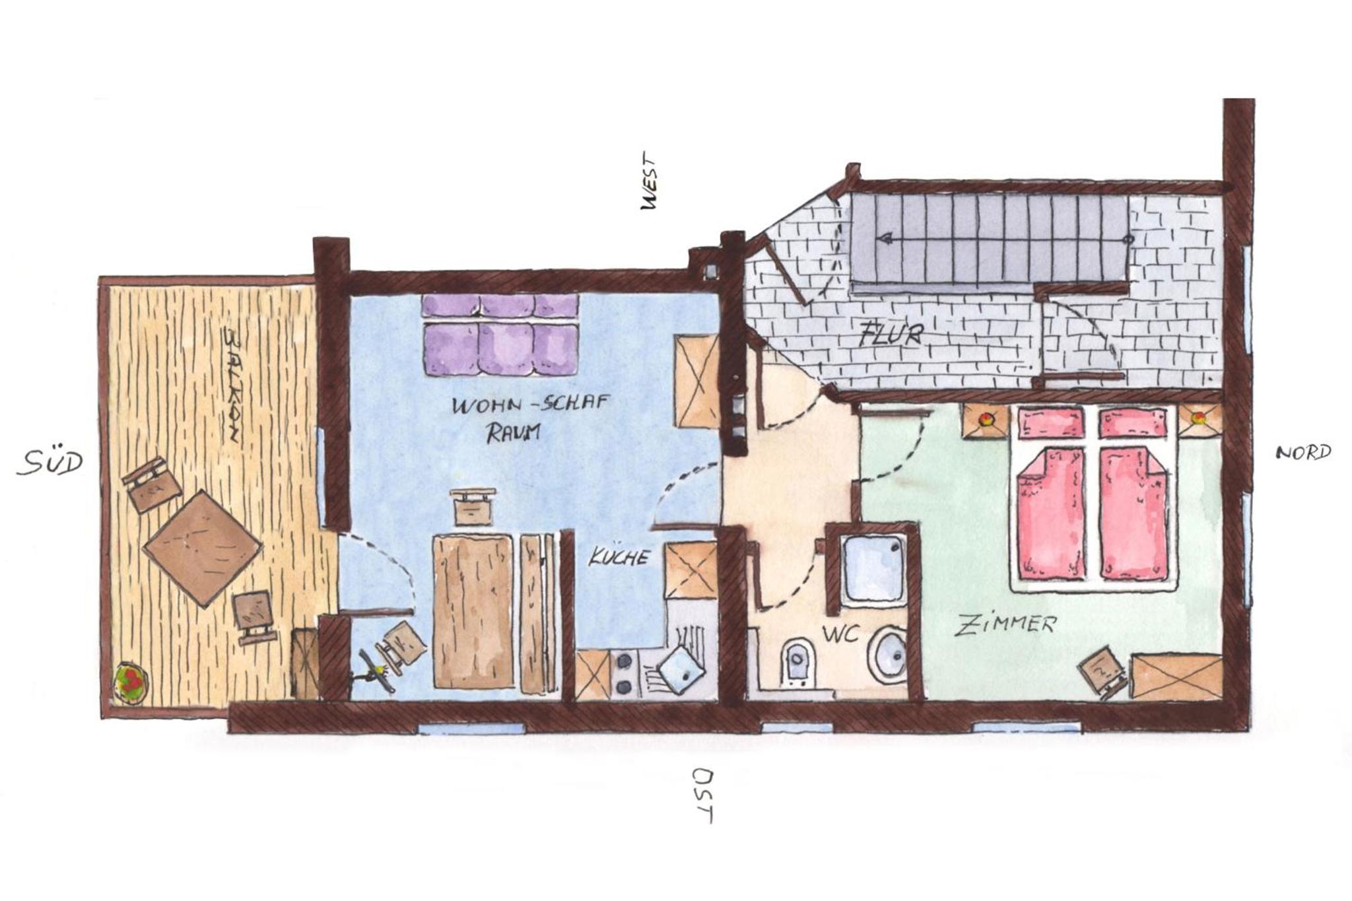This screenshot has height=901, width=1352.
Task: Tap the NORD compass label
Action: coord(1303,453)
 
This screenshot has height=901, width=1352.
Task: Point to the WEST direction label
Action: coord(650,182)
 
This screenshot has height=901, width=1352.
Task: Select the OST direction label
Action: coord(702,795)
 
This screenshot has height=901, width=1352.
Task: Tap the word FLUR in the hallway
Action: coord(891,335)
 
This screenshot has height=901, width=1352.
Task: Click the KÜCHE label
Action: coord(619,557)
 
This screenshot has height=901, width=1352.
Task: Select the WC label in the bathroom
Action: coord(840,634)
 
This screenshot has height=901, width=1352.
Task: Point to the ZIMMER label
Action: coord(1006,624)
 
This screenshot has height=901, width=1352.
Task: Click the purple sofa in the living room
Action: coord(500,335)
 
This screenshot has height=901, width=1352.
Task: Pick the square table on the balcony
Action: coord(203,548)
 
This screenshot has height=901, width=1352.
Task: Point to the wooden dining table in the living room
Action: coord(473,612)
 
